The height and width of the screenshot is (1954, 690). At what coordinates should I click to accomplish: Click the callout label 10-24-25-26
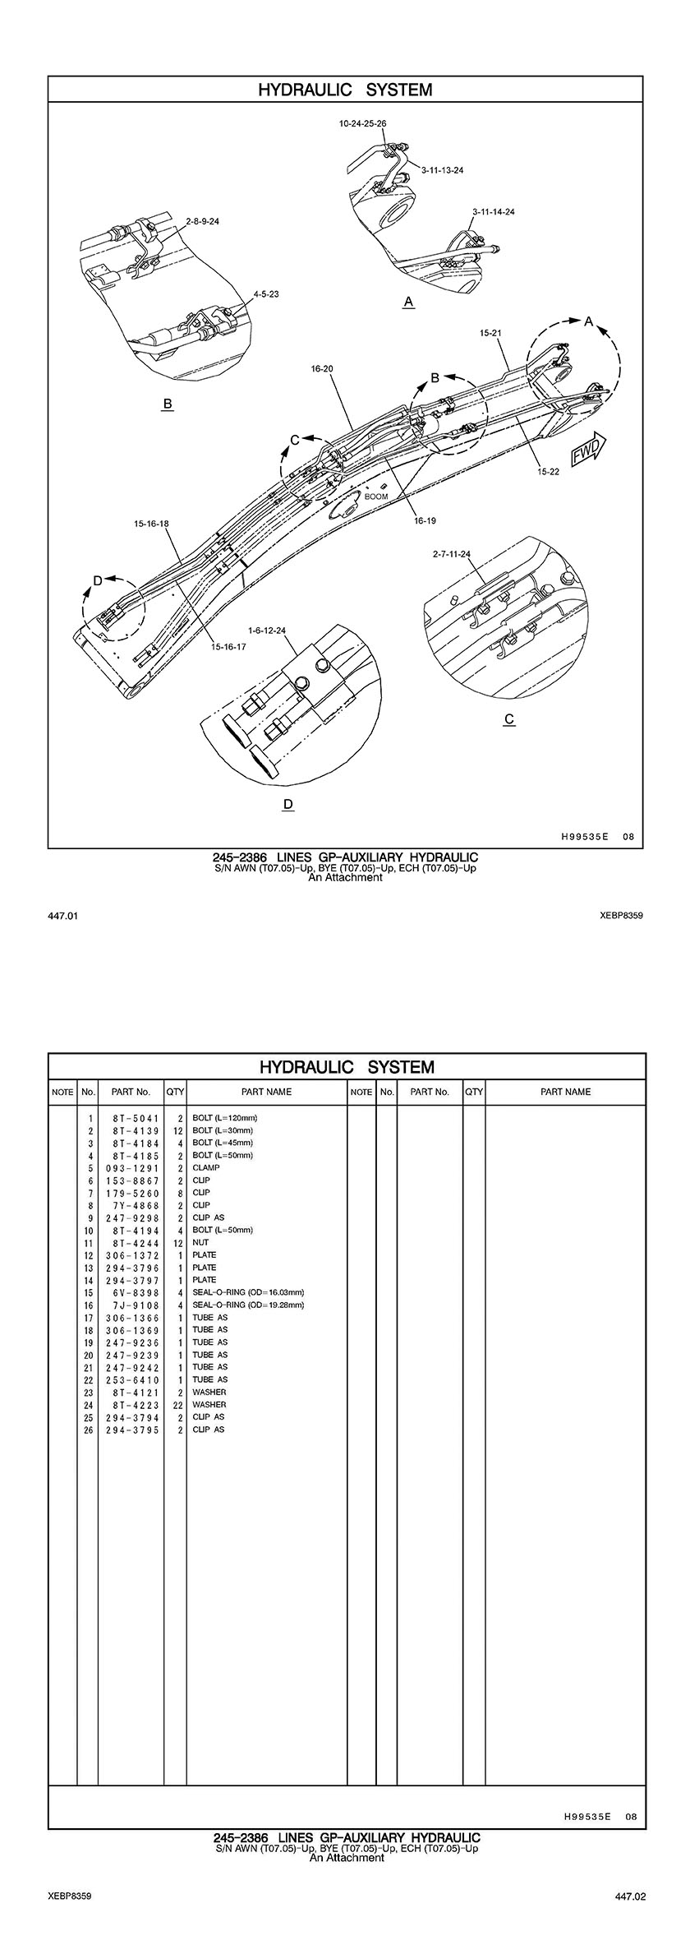[362, 123]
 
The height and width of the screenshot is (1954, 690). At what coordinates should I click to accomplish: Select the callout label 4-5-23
[266, 293]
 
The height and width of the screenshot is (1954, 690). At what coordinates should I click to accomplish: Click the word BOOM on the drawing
[376, 497]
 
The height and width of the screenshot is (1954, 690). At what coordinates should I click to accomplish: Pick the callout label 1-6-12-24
[267, 631]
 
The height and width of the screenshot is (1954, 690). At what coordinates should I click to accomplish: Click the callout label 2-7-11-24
[452, 554]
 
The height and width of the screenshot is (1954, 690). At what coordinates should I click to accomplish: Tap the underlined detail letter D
[287, 804]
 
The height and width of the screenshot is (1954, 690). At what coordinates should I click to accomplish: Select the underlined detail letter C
[509, 719]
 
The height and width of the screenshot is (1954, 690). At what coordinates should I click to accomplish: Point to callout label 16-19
[425, 521]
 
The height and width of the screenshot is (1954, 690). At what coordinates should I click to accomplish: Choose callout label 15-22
[549, 472]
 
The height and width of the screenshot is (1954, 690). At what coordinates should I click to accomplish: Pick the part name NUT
[200, 1242]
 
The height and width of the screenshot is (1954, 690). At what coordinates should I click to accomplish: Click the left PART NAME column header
[266, 1092]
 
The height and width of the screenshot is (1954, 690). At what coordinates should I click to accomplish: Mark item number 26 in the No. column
[88, 1430]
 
